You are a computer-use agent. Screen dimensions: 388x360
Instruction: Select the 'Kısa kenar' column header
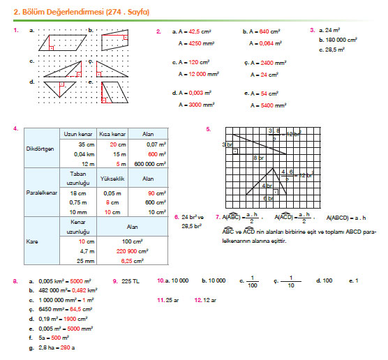pyautogui.click(x=112, y=133)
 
